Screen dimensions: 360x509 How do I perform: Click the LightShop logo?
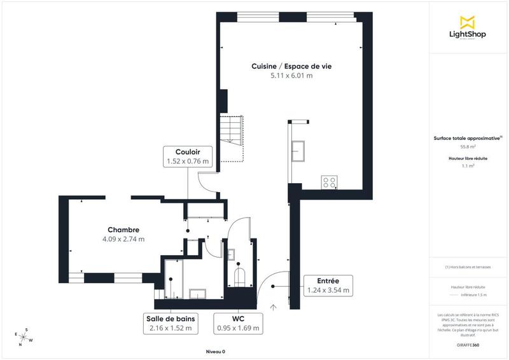tap(468, 29)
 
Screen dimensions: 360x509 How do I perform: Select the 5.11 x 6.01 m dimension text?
tap(291, 75)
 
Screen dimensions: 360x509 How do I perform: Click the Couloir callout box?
tap(187, 156)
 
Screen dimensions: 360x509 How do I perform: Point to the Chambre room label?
tap(123, 230)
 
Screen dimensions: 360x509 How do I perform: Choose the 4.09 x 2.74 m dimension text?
tap(123, 239)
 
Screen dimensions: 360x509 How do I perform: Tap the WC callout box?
tap(238, 323)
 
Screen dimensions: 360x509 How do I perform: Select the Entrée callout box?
tap(327, 285)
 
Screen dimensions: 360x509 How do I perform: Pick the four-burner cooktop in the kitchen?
tap(330, 183)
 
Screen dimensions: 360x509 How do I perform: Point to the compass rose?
tap(24, 336)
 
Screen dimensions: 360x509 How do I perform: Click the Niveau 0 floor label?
tap(215, 352)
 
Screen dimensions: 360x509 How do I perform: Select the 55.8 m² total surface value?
tap(468, 146)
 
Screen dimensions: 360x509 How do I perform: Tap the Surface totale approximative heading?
tap(468, 137)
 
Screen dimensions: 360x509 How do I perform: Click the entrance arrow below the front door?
tap(273, 307)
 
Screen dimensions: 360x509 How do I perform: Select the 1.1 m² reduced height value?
tap(468, 165)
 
